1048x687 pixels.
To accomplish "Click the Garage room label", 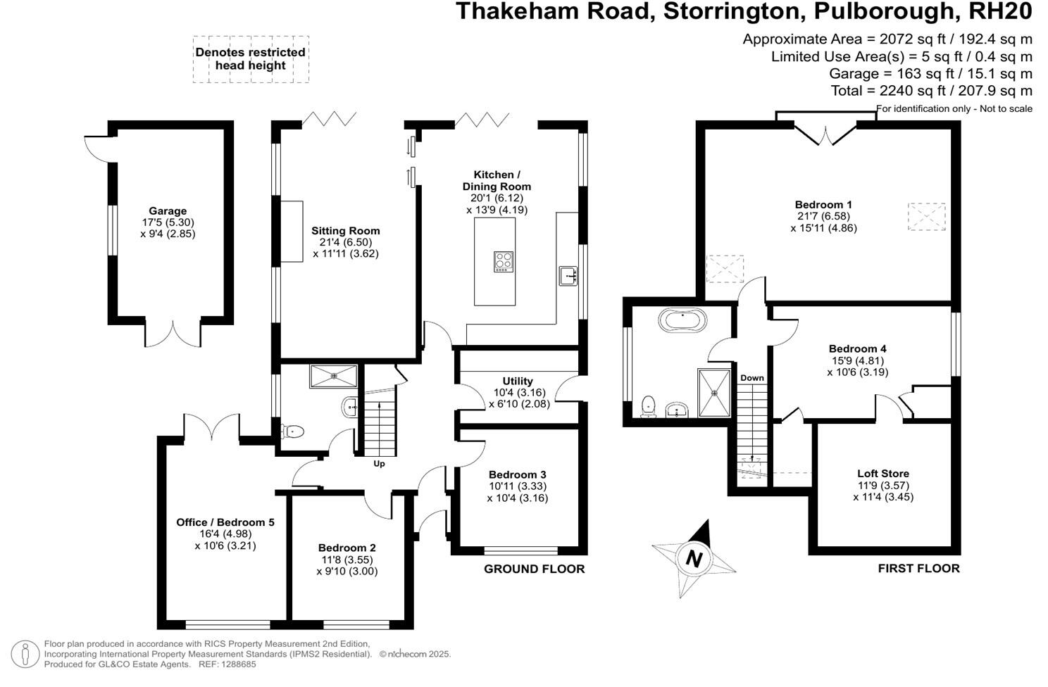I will [168, 211].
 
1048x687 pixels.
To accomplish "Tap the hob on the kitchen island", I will [503, 261].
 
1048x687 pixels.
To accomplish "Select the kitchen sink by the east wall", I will [568, 276].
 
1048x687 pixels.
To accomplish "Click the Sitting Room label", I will [345, 231].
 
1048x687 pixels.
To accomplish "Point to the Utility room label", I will [518, 381].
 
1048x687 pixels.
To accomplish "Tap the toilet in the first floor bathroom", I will [649, 406].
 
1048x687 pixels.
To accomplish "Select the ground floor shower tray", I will [333, 377].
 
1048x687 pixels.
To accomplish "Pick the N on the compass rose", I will [694, 559].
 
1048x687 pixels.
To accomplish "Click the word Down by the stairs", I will [751, 378].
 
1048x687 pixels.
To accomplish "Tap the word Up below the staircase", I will [379, 464].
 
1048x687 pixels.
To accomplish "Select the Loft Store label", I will [882, 474].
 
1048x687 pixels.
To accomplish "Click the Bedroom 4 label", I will [857, 348].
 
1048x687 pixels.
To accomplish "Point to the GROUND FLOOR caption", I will [534, 569].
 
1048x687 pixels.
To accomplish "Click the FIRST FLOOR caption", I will [918, 568].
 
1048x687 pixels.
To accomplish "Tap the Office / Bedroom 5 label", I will [225, 522].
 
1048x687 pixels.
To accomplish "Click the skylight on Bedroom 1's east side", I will [926, 216].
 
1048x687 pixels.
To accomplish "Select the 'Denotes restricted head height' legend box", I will [251, 59].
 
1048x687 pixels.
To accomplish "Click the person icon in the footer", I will [25, 654].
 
